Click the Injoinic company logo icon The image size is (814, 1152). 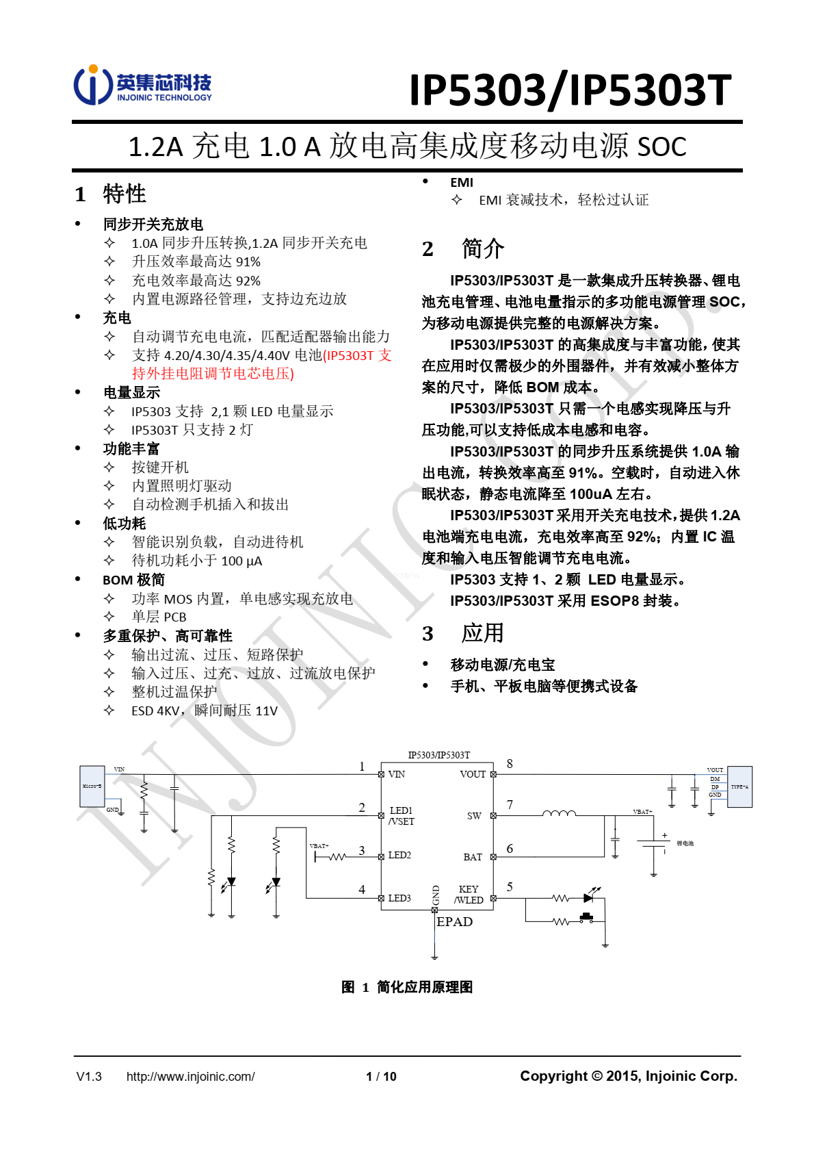[x=93, y=85]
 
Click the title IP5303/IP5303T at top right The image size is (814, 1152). [x=570, y=90]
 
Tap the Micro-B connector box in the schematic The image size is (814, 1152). [x=92, y=786]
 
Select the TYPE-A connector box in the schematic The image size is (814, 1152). [x=739, y=786]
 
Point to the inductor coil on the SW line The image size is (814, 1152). [x=559, y=813]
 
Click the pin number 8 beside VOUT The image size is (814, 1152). [x=510, y=764]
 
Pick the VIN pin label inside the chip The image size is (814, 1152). [x=397, y=774]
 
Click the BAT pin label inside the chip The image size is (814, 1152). [x=473, y=857]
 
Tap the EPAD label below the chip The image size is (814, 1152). [x=455, y=922]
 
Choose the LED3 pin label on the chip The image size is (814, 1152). [x=399, y=898]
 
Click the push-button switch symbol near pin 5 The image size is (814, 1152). [x=586, y=917]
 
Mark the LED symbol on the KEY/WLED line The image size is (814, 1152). [x=590, y=897]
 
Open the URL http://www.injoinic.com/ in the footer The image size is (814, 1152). [x=190, y=1077]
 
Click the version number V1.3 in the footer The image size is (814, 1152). [x=89, y=1077]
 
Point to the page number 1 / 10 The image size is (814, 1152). [x=381, y=1077]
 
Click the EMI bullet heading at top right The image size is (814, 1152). [x=462, y=182]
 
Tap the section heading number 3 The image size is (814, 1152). [x=428, y=634]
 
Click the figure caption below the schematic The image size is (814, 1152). [x=407, y=987]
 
